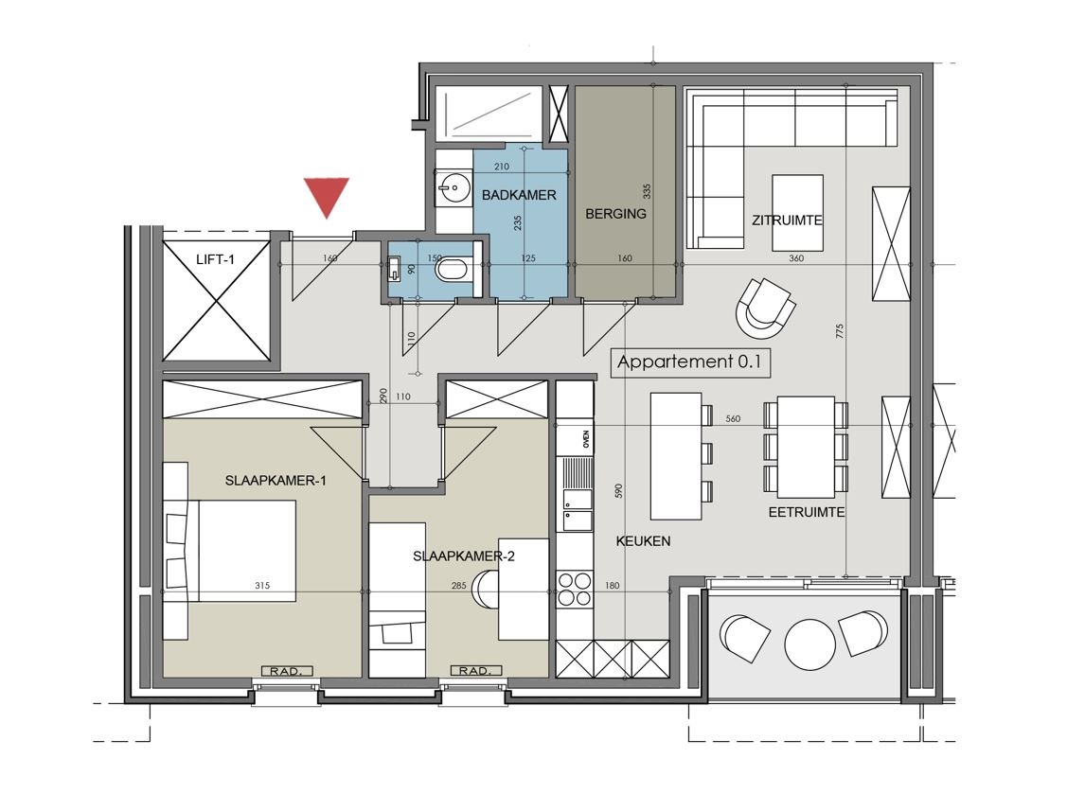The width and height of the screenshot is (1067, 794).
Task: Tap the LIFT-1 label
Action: [x=215, y=259]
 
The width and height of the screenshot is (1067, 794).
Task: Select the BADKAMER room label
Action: [x=519, y=195]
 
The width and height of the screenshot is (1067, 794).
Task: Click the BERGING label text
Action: [x=615, y=214]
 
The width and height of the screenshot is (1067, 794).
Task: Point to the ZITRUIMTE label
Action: [x=788, y=221]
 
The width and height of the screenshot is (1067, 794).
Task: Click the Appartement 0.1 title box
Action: [x=689, y=362]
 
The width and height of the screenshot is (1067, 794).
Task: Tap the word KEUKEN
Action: [x=643, y=541]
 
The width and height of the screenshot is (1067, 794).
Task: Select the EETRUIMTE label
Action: [x=807, y=512]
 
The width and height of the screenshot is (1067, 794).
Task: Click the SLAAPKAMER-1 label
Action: [x=276, y=481]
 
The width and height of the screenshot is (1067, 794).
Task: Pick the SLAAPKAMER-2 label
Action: [x=463, y=556]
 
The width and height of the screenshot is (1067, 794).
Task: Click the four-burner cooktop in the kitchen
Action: [x=575, y=590]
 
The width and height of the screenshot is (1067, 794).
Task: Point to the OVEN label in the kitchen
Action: [x=586, y=439]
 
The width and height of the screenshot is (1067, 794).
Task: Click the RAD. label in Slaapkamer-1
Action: [x=287, y=672]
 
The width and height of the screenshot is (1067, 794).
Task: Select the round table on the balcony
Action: [x=810, y=644]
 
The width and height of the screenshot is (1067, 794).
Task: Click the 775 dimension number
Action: [x=839, y=332]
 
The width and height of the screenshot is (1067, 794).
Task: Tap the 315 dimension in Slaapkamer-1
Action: [x=262, y=585]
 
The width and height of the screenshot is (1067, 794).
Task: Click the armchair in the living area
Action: [x=766, y=308]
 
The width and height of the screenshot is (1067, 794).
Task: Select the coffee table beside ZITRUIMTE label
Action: [x=797, y=212]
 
